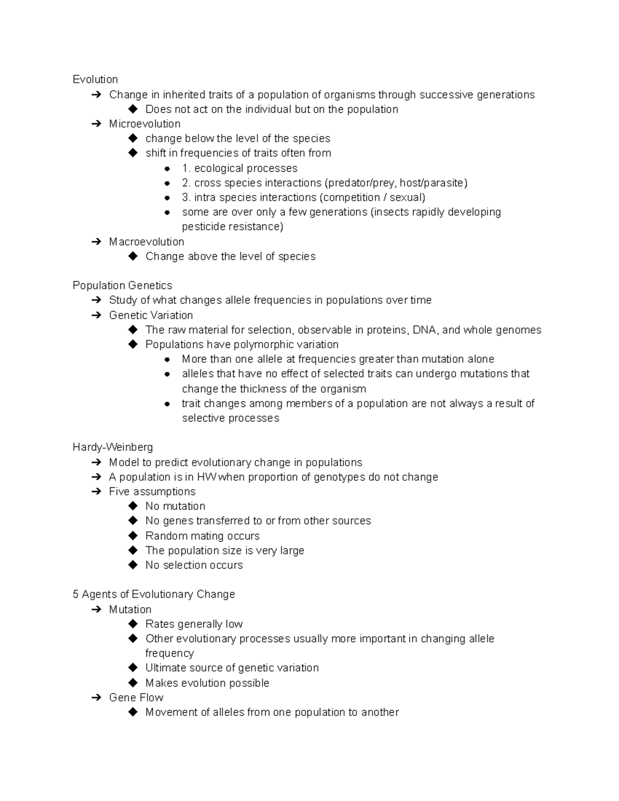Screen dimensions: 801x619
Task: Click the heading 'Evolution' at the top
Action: pyautogui.click(x=95, y=79)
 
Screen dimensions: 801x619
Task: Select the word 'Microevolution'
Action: pyautogui.click(x=144, y=124)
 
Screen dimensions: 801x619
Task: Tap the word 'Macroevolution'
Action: pyautogui.click(x=146, y=242)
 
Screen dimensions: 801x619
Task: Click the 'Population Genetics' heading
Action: pyautogui.click(x=122, y=286)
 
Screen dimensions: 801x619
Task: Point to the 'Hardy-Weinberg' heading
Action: pyautogui.click(x=112, y=447)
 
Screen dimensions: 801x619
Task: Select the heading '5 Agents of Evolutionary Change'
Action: pyautogui.click(x=154, y=594)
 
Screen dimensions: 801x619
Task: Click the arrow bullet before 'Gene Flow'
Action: pyautogui.click(x=96, y=698)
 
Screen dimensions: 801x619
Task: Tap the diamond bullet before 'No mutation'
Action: pyautogui.click(x=133, y=506)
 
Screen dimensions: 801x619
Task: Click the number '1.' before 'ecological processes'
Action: pyautogui.click(x=186, y=169)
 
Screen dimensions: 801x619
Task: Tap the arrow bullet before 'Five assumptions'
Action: pyautogui.click(x=96, y=492)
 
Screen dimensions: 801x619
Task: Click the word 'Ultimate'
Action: pyautogui.click(x=166, y=668)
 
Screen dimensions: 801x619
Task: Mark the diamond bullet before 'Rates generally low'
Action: pyautogui.click(x=133, y=624)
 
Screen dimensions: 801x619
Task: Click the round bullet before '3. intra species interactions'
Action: pyautogui.click(x=167, y=198)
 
